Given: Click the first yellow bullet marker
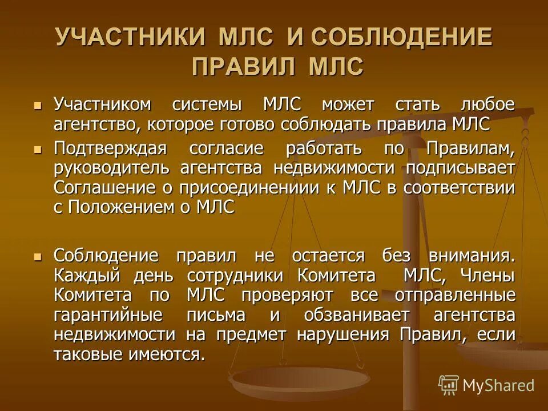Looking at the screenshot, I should pyautogui.click(x=38, y=106).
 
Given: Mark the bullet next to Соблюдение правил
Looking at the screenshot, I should pyautogui.click(x=38, y=257).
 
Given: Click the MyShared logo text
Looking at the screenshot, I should pyautogui.click(x=498, y=385).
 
